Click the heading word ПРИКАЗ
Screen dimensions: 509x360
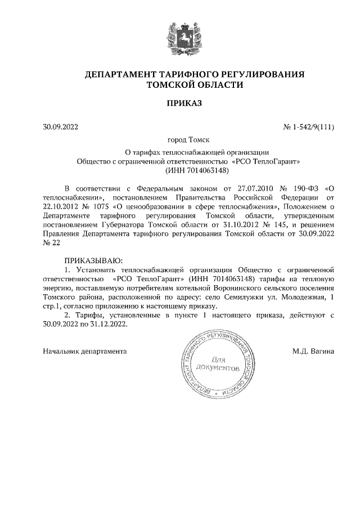[x=180, y=103]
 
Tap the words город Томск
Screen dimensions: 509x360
[x=180, y=140]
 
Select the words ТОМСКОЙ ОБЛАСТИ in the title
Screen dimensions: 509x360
[x=195, y=85]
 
